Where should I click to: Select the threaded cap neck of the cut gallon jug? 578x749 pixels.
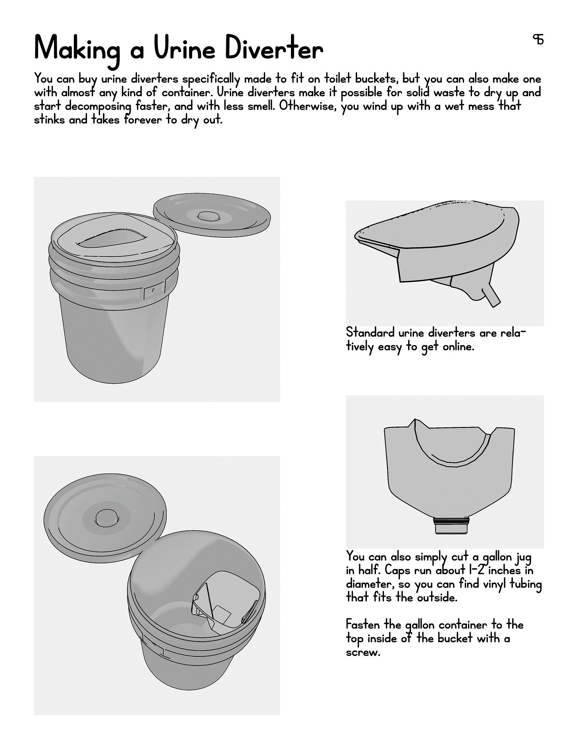(452, 525)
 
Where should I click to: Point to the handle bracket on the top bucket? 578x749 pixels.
(154, 290)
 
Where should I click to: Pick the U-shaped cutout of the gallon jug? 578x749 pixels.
(452, 449)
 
